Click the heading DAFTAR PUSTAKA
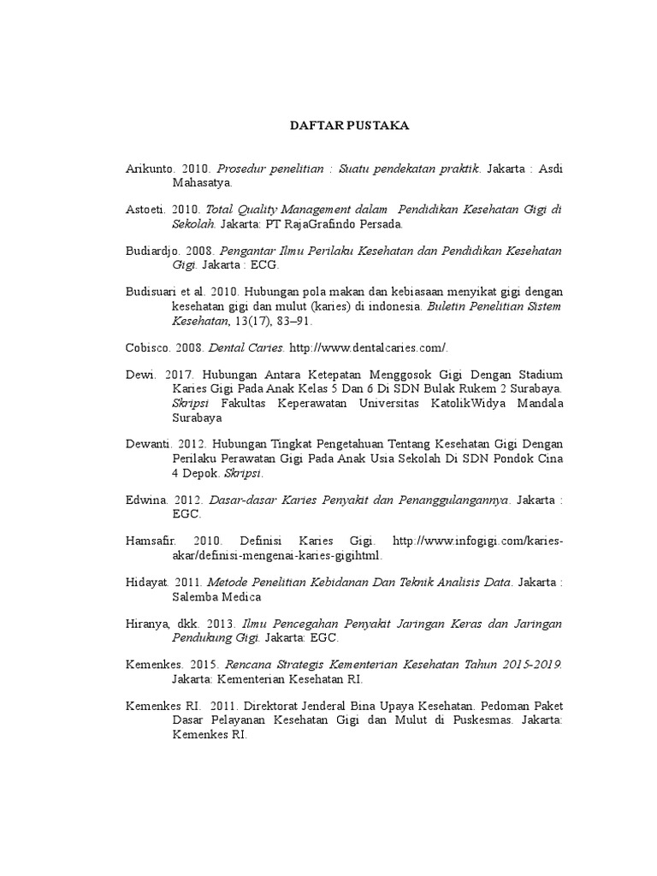pos(349,126)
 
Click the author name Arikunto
pos(149,169)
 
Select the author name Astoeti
pos(145,210)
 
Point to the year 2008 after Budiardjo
pos(198,252)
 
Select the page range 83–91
pos(294,321)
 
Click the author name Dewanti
pos(149,445)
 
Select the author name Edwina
pos(146,500)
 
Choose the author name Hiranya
pos(148,624)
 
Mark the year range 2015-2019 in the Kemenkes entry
pos(531,666)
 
